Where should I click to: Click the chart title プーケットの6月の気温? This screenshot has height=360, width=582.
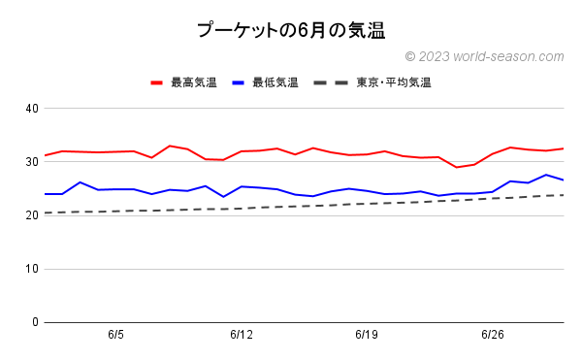290,30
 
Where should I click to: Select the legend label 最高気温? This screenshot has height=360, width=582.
194,82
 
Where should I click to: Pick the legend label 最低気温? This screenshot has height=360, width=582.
275,82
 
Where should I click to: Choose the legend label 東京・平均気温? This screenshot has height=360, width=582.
393,82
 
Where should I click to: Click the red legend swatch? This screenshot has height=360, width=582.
157,82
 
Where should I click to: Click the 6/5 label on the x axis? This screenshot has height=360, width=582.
115,335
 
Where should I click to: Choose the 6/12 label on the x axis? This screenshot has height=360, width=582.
242,335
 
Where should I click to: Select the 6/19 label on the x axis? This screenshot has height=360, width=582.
367,335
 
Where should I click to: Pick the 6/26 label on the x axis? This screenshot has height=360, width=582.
492,335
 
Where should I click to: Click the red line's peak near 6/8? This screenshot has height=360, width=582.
170,146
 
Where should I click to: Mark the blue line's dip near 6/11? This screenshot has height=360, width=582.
223,197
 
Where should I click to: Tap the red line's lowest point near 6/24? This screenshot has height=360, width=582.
456,167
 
